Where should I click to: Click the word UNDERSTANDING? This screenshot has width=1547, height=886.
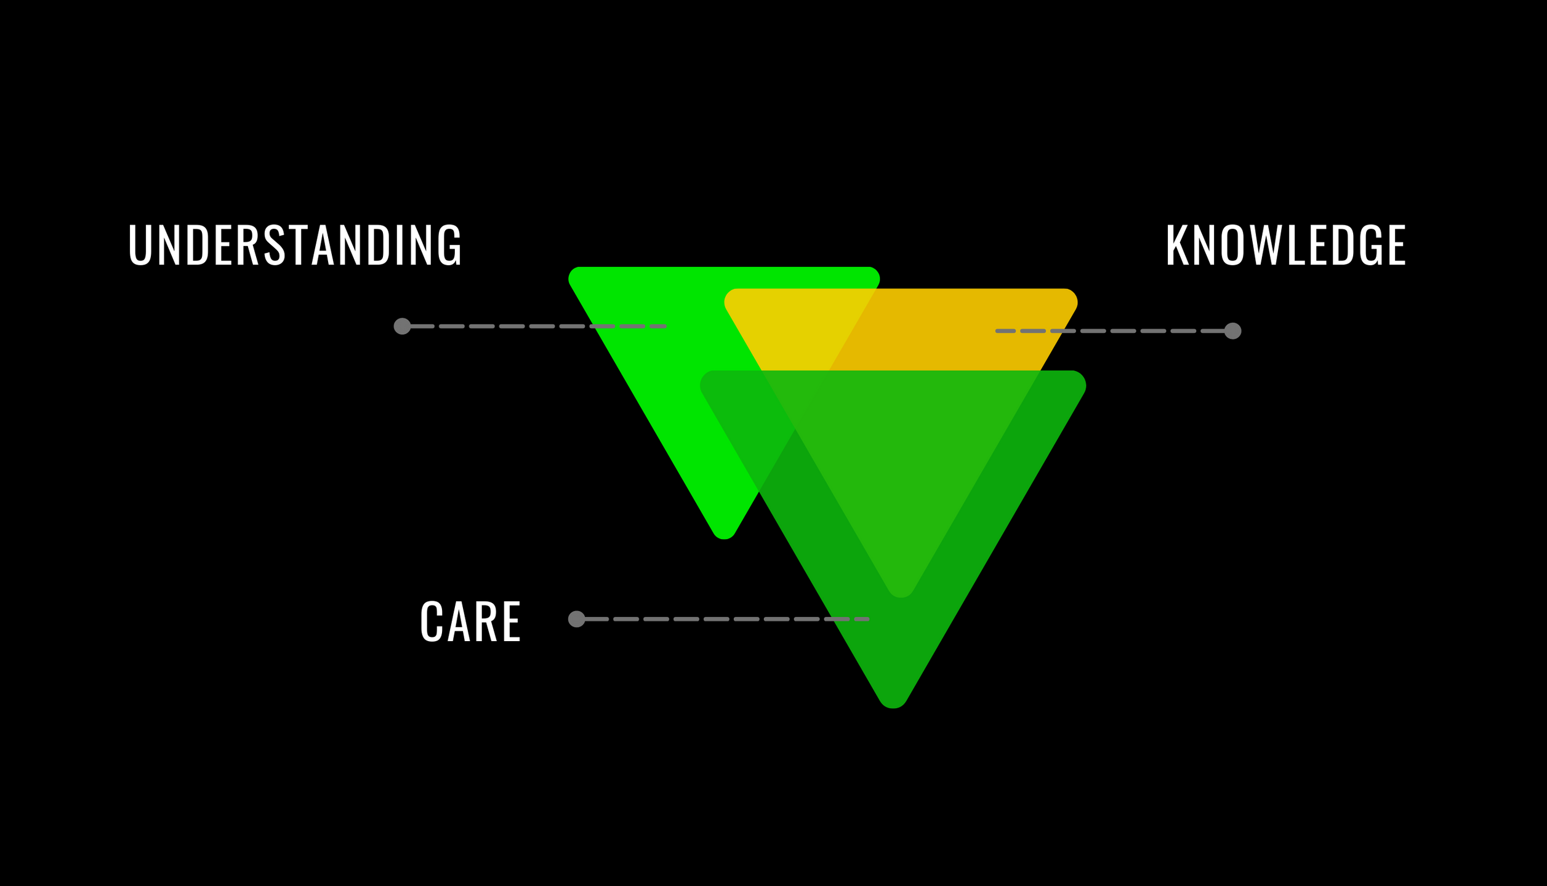pyautogui.click(x=294, y=245)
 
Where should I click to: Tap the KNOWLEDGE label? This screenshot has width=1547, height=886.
pyautogui.click(x=1285, y=245)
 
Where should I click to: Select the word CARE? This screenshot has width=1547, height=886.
pyautogui.click(x=470, y=621)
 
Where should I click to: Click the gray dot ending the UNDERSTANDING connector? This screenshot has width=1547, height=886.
pyautogui.click(x=402, y=326)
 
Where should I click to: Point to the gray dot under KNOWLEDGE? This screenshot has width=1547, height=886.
pyautogui.click(x=1232, y=331)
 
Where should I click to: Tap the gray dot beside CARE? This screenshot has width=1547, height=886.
pyautogui.click(x=576, y=619)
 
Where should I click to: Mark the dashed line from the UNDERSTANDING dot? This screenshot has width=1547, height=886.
pyautogui.click(x=536, y=326)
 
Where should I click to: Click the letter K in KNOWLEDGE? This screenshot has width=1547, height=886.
pyautogui.click(x=1177, y=245)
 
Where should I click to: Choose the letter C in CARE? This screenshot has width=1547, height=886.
pyautogui.click(x=432, y=621)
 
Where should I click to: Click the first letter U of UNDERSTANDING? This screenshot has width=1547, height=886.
pyautogui.click(x=140, y=245)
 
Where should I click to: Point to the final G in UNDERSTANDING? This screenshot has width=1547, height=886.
pyautogui.click(x=449, y=245)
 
